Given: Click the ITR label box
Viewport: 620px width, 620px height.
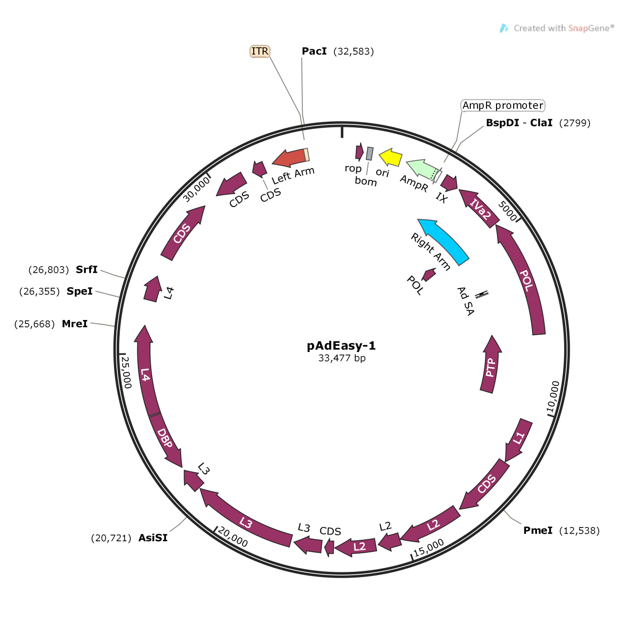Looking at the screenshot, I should click(260, 52).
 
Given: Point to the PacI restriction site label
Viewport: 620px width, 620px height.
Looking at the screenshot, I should click(314, 52).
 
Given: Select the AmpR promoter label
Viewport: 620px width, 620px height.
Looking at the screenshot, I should click(503, 105).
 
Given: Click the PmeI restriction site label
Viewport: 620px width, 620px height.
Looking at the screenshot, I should click(538, 530).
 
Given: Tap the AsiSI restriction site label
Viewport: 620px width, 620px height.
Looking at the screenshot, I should click(153, 538).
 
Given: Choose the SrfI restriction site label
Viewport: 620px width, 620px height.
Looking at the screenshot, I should click(87, 269).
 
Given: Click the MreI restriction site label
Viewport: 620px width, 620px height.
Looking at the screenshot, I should click(75, 324).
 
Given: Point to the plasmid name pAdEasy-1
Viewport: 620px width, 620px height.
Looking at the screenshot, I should click(341, 346).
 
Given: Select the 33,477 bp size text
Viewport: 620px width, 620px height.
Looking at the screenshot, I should click(342, 358).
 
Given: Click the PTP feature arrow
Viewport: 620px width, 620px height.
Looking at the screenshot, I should click(491, 365).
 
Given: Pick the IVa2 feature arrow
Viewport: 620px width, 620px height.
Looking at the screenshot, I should click(479, 209).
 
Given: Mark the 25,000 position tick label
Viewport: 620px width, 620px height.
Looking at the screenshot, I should click(126, 372).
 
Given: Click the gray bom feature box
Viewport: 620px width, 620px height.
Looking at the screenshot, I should click(370, 154).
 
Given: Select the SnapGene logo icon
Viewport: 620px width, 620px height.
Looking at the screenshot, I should click(504, 29).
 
